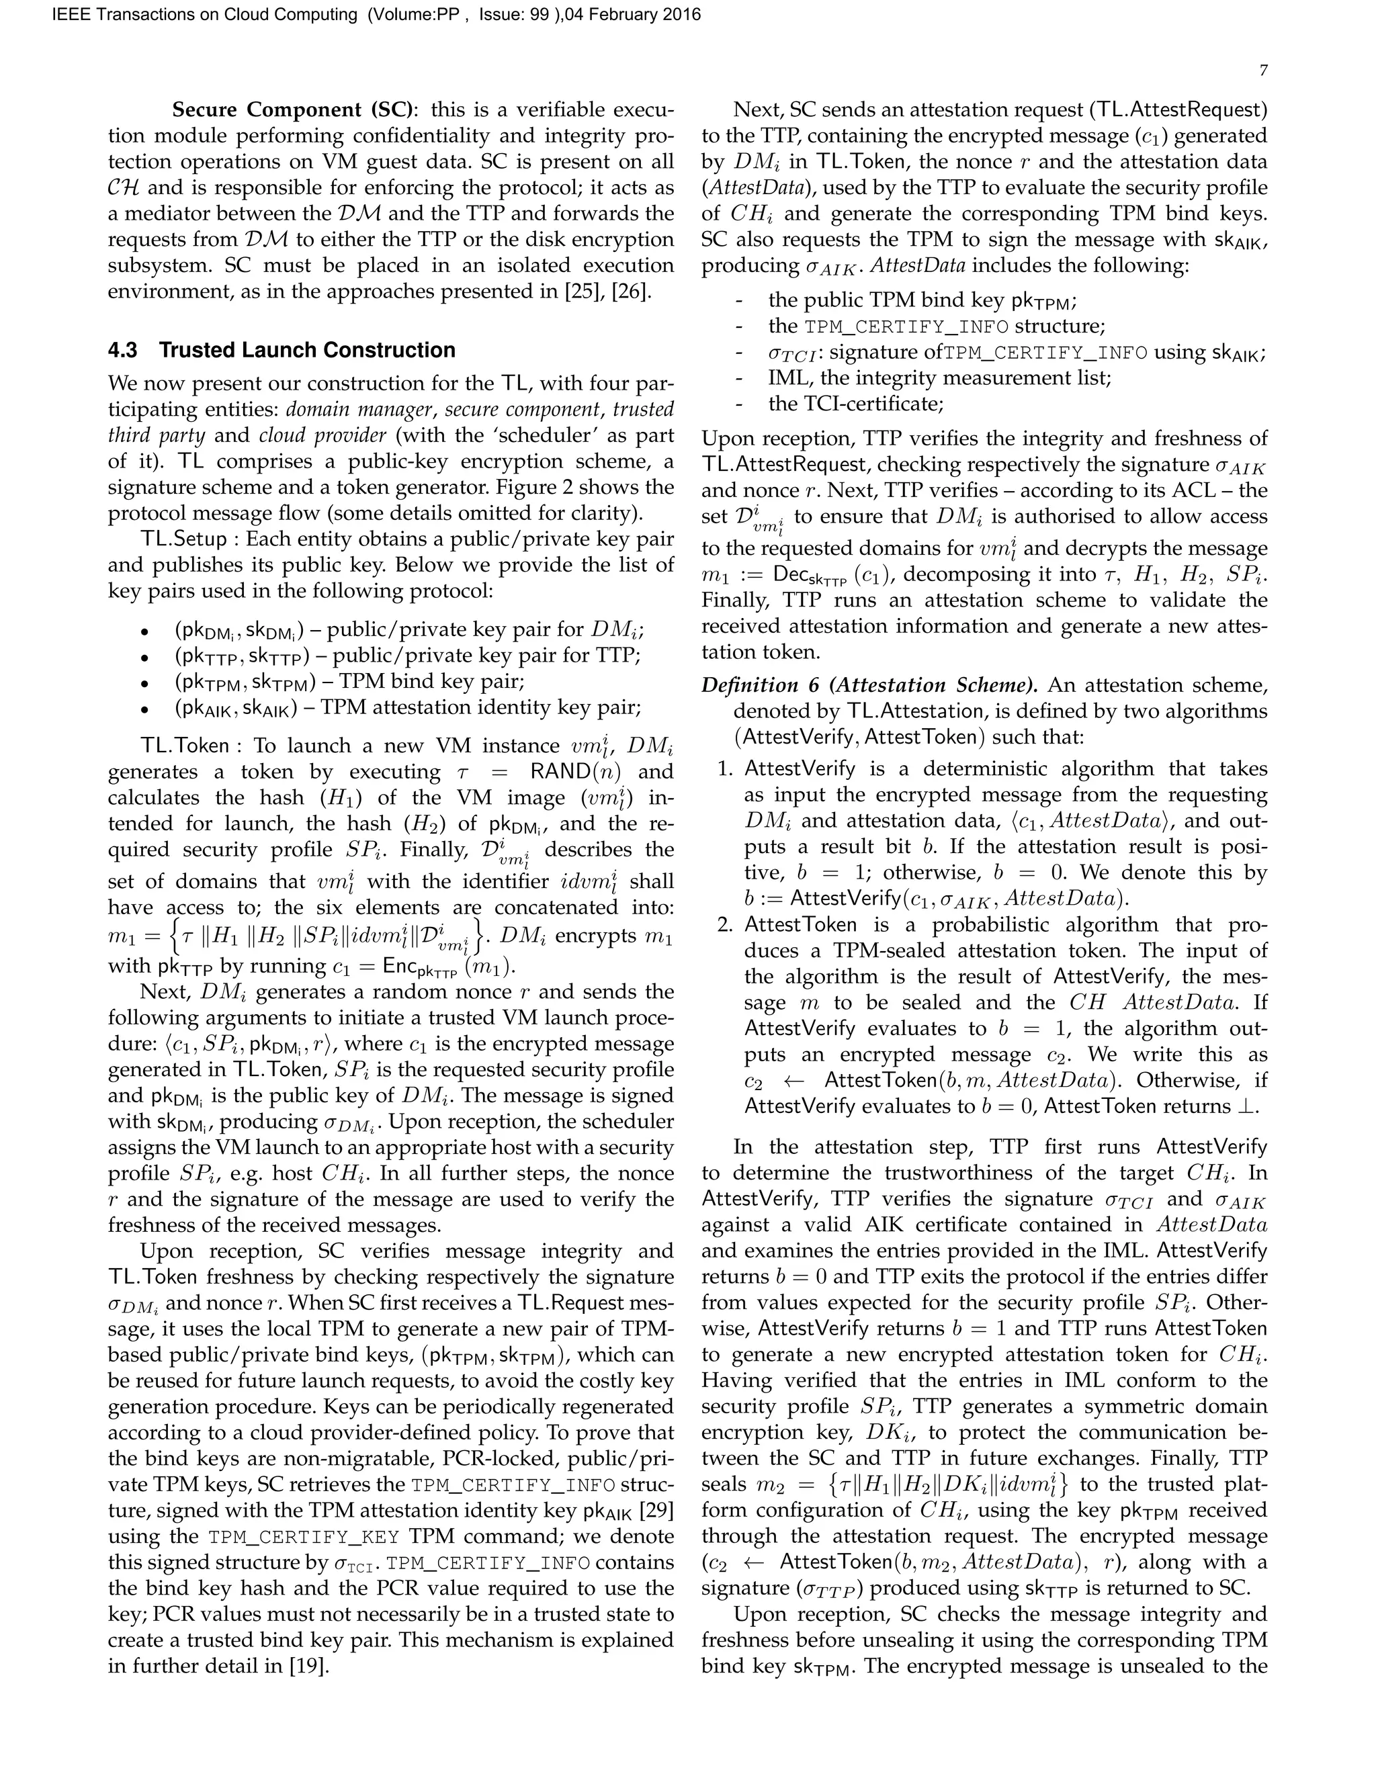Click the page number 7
pos(1262,71)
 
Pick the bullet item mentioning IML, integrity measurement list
pos(939,378)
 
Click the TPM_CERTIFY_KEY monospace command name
pos(303,1537)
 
